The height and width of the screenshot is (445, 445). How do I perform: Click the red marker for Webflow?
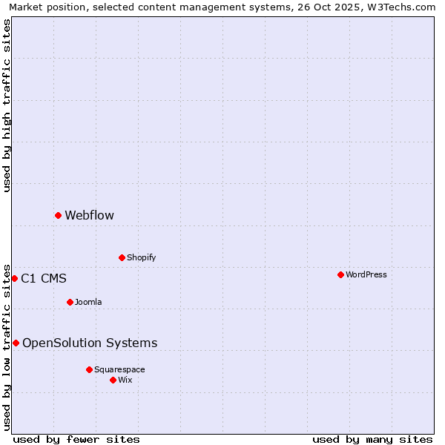point(58,215)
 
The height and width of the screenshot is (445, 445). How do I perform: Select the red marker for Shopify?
point(122,257)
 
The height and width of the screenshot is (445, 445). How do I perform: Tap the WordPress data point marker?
point(340,274)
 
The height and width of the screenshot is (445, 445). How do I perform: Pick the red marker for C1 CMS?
point(14,278)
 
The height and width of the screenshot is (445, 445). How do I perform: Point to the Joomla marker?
point(70,302)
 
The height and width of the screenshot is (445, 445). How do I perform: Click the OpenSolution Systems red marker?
point(16,343)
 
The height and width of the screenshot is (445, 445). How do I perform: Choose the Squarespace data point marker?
point(89,369)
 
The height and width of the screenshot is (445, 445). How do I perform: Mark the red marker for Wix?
point(113,380)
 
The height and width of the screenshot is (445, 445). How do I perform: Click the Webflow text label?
point(89,215)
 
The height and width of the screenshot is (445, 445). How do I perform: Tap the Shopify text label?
point(141,257)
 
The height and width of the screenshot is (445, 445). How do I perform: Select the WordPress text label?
point(366,274)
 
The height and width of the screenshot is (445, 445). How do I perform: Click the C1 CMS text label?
point(44,279)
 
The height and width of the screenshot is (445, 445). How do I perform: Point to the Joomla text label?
point(88,302)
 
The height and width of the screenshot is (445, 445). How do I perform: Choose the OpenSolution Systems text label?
point(90,343)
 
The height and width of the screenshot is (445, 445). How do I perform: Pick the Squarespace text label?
point(119,369)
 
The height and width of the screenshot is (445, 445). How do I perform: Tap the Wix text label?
point(125,380)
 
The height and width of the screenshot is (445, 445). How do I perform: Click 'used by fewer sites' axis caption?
point(76,439)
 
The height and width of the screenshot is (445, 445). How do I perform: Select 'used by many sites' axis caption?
point(372,439)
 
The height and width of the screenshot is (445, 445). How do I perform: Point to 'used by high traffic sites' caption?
point(7,105)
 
